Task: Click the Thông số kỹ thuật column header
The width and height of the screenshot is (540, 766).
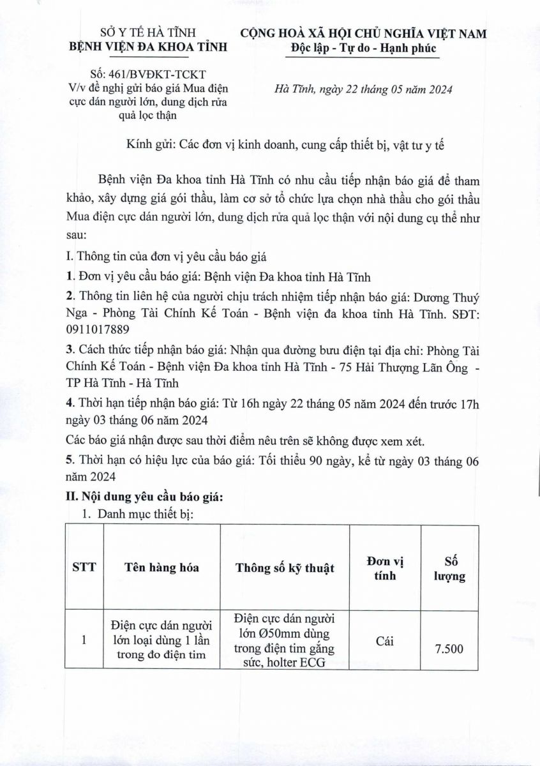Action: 285,567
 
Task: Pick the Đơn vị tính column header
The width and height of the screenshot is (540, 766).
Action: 382,567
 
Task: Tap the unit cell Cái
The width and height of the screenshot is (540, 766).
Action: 382,641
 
